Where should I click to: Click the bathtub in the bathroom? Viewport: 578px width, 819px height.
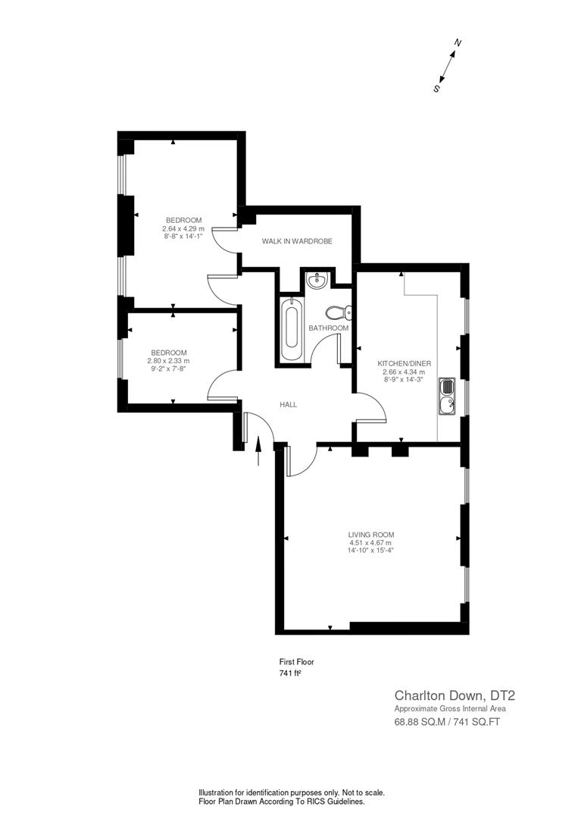pyautogui.click(x=292, y=331)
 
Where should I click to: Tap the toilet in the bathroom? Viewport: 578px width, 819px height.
pyautogui.click(x=337, y=312)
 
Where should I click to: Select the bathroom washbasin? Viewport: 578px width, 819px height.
pyautogui.click(x=317, y=281)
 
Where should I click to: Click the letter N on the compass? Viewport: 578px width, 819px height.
pyautogui.click(x=458, y=43)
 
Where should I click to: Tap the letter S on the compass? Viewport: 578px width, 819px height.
pyautogui.click(x=436, y=88)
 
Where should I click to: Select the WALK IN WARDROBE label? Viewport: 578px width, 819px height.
pyautogui.click(x=297, y=241)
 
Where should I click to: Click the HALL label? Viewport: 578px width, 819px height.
pyautogui.click(x=288, y=405)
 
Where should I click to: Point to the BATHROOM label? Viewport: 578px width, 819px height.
pyautogui.click(x=328, y=328)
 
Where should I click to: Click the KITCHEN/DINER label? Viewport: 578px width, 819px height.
pyautogui.click(x=405, y=363)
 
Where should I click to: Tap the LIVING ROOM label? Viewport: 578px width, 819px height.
pyautogui.click(x=371, y=535)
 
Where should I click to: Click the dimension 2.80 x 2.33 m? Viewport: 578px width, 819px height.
pyautogui.click(x=168, y=361)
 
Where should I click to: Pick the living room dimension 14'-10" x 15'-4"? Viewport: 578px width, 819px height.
pyautogui.click(x=371, y=551)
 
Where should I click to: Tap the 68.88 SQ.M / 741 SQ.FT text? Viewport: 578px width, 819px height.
pyautogui.click(x=447, y=722)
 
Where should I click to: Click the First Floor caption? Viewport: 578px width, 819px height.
pyautogui.click(x=296, y=662)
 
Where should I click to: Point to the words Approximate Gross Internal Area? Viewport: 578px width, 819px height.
pyautogui.click(x=449, y=708)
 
